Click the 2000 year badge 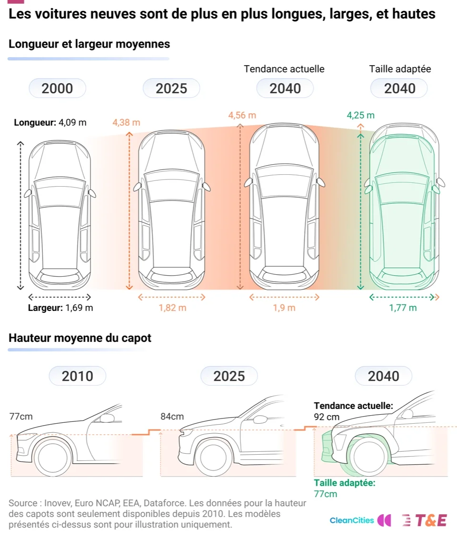[57, 88]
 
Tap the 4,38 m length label [126, 122]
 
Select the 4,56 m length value [242, 115]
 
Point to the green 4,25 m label [360, 115]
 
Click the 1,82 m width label [173, 308]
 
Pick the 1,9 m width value [284, 308]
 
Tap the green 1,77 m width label [403, 308]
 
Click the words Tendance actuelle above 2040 [284, 69]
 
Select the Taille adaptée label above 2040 [400, 69]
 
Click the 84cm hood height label [172, 417]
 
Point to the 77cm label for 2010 [21, 417]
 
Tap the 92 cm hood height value [327, 417]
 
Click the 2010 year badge [78, 376]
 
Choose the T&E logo [425, 520]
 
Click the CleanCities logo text [352, 520]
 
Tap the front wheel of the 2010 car [53, 458]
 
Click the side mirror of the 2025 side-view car [260, 419]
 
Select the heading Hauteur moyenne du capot [80, 338]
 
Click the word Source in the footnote [23, 503]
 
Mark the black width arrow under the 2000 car [60, 297]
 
